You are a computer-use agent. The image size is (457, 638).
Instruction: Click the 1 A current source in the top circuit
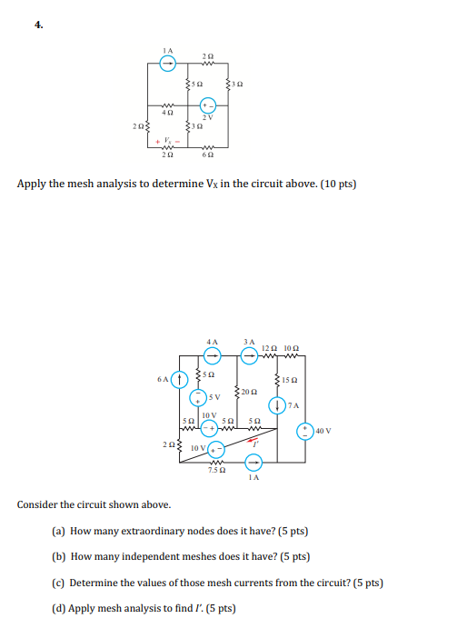166,64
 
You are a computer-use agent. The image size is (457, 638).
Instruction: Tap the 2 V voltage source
208,105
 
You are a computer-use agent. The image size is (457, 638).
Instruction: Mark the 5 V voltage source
195,396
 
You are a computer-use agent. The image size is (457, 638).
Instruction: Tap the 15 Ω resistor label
290,379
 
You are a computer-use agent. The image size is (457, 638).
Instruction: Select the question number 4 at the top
38,25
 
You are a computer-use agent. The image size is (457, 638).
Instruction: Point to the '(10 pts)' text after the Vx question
337,184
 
